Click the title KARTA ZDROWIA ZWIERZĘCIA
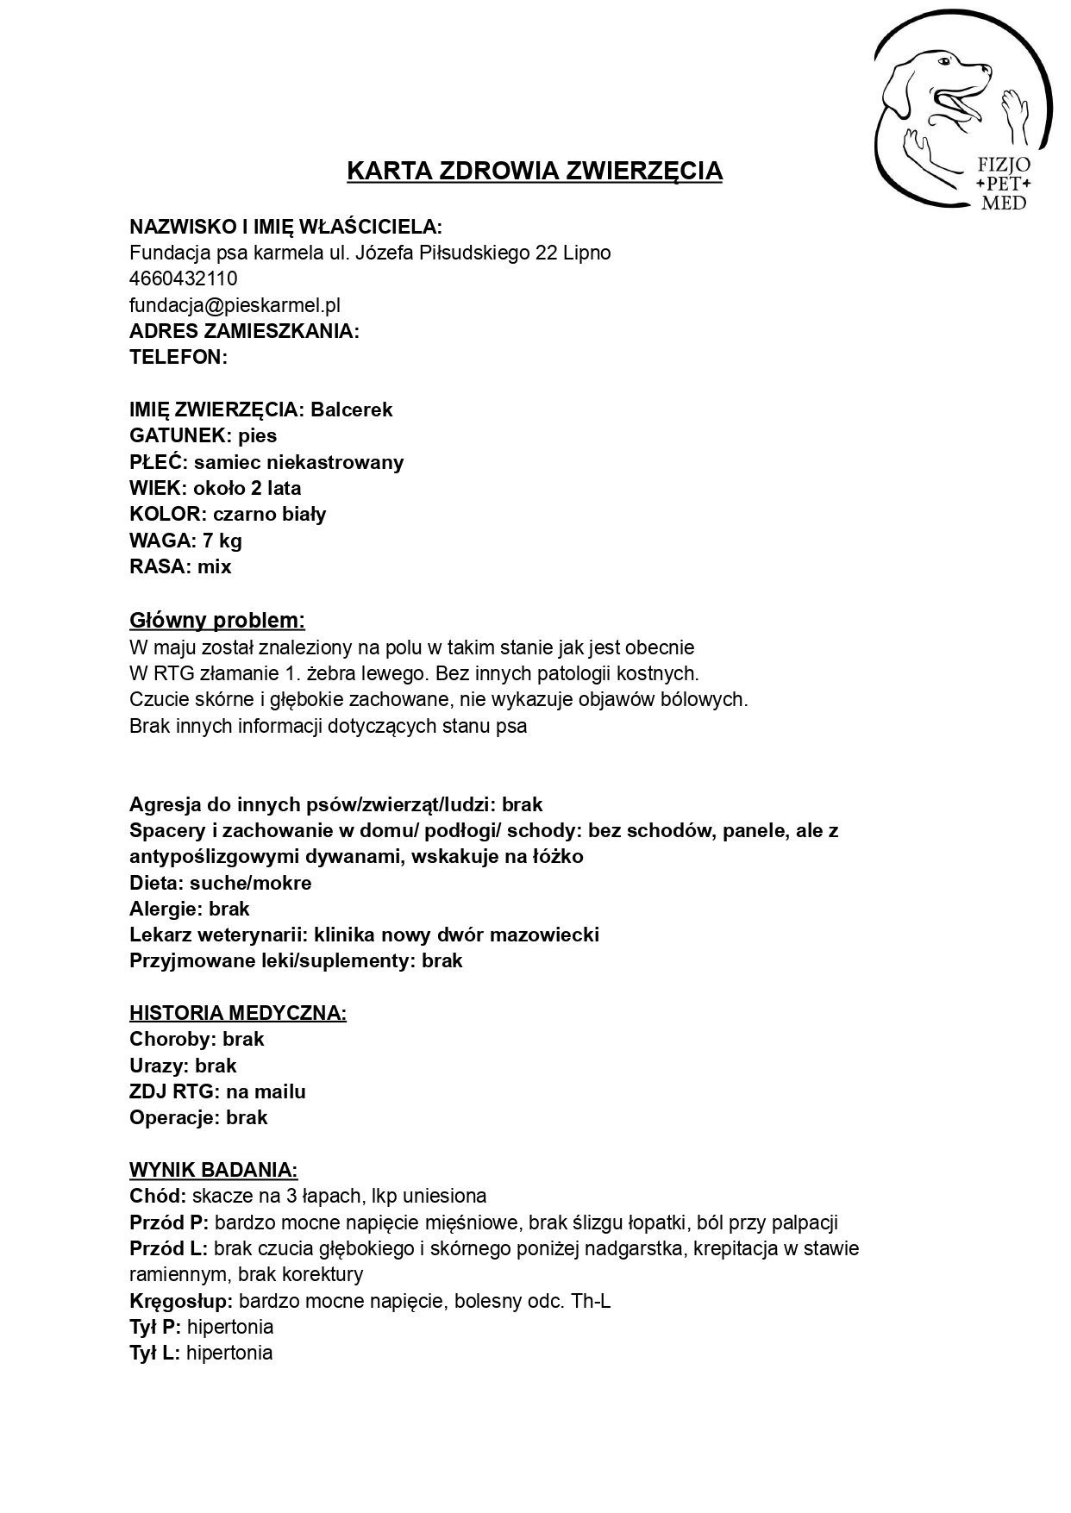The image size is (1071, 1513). click(x=535, y=171)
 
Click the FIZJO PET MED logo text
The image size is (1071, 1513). click(x=1004, y=184)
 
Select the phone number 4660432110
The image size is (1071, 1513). click(x=184, y=278)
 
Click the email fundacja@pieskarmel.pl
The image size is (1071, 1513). click(x=235, y=304)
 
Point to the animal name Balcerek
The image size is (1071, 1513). click(x=352, y=410)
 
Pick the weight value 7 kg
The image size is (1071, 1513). click(x=222, y=541)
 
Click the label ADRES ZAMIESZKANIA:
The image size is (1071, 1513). click(x=244, y=331)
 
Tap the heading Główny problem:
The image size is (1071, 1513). click(x=217, y=620)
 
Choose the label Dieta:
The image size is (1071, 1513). click(x=157, y=883)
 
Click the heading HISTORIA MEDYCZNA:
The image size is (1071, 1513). click(x=238, y=1013)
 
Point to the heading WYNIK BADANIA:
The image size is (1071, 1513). click(x=214, y=1170)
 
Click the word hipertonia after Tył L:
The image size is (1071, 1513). click(x=229, y=1353)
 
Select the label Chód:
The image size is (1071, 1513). click(x=158, y=1196)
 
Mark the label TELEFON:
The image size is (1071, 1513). click(x=178, y=357)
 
